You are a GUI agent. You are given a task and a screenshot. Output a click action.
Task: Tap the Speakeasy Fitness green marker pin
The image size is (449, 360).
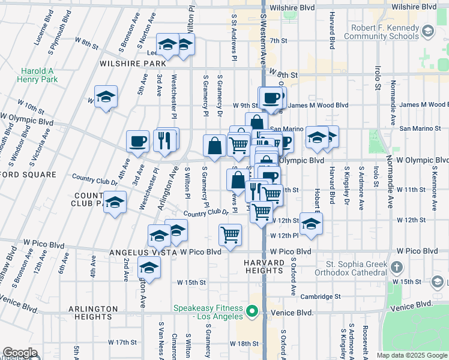click(252, 311)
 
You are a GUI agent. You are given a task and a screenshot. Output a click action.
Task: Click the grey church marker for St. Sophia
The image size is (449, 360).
click(396, 267)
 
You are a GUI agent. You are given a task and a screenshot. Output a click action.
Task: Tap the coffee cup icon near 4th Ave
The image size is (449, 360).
click(137, 141)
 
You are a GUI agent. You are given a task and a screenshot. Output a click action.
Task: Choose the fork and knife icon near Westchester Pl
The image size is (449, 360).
click(163, 140)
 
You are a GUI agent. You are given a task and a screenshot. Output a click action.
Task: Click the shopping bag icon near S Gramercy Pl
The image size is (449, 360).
click(214, 145)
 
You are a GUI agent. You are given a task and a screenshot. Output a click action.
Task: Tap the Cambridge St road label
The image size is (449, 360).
click(320, 296)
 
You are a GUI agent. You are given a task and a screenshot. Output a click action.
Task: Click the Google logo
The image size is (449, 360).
click(20, 353)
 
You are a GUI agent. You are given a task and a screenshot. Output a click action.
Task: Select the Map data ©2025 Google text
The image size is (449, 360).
click(411, 355)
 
